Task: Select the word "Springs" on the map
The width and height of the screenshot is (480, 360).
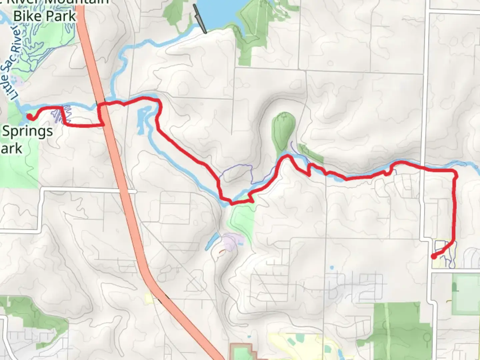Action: tap(27, 132)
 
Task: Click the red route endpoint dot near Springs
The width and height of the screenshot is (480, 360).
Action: tap(30, 116)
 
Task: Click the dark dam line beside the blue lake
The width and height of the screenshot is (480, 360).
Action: tap(200, 19)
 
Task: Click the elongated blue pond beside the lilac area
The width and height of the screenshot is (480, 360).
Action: tap(212, 241)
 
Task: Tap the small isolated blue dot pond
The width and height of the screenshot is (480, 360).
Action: tap(332, 268)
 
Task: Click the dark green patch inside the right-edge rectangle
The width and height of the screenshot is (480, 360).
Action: tap(454, 287)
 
